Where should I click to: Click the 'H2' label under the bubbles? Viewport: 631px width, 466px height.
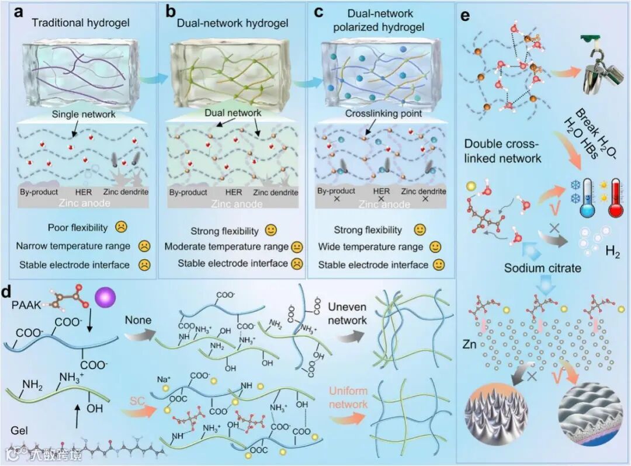click(x=612, y=255)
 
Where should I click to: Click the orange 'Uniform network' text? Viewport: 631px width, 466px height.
click(x=348, y=397)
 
